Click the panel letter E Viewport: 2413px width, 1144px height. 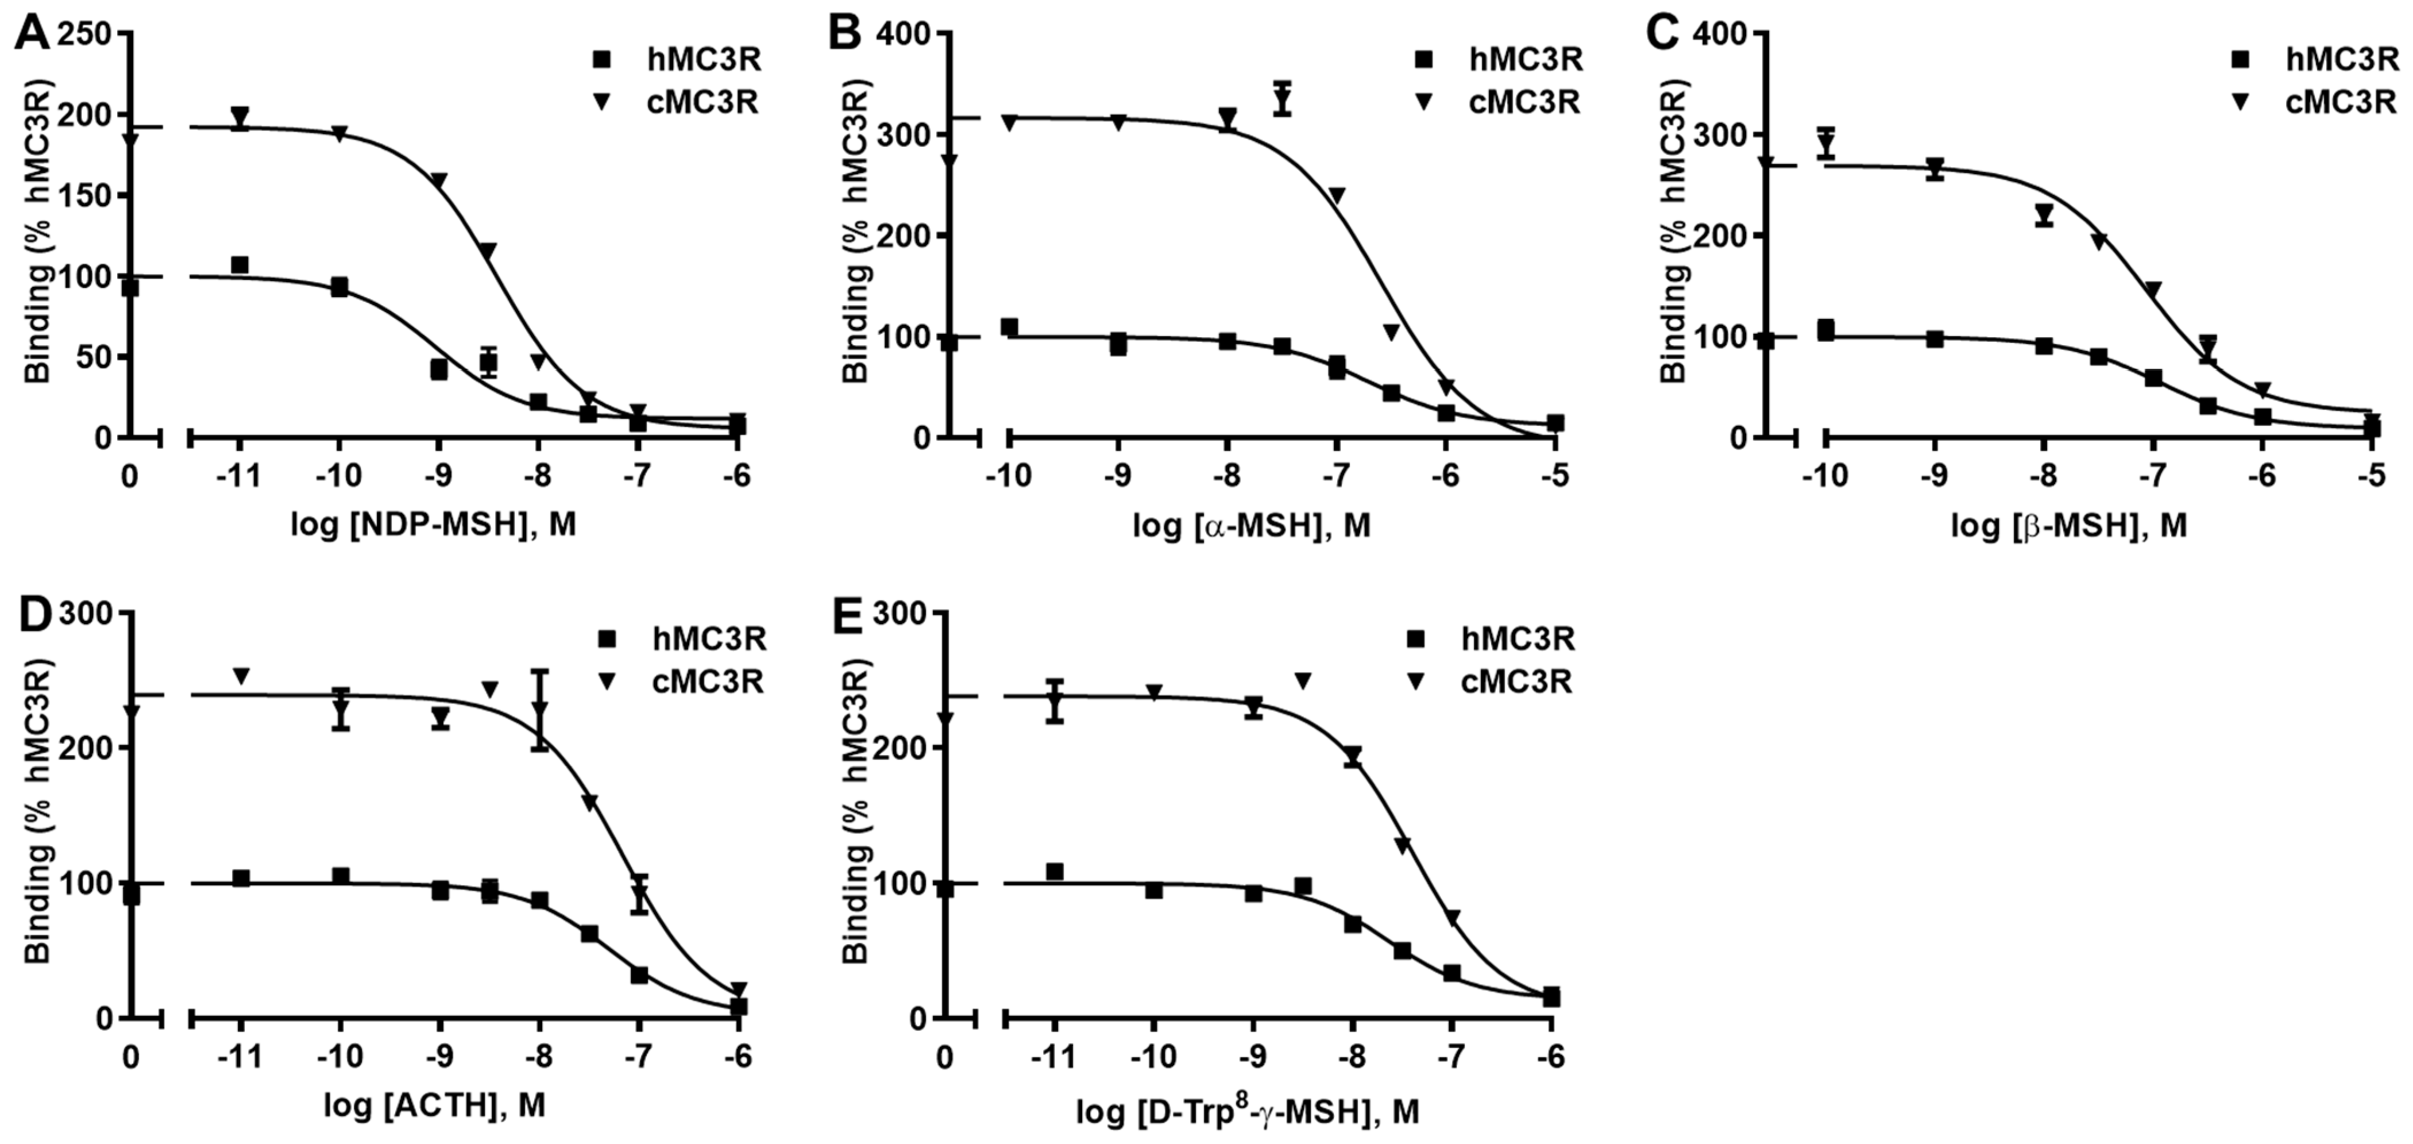click(x=846, y=619)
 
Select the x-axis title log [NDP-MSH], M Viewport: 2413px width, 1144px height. click(x=433, y=525)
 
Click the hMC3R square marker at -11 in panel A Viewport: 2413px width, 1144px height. click(x=240, y=265)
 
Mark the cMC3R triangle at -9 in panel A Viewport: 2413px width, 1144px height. click(x=438, y=180)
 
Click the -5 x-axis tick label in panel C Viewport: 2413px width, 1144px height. click(x=2371, y=476)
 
